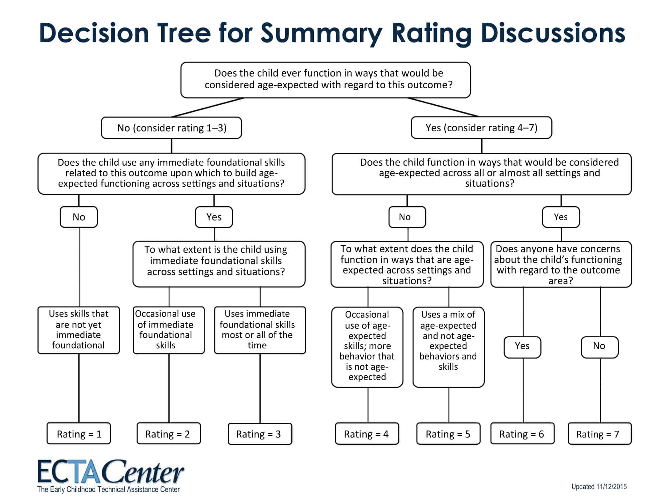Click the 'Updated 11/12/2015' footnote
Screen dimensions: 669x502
599,487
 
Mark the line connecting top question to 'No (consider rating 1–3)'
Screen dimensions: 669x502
207,107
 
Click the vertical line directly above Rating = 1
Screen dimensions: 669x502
79,389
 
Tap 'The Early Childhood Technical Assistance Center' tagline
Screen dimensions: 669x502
108,489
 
